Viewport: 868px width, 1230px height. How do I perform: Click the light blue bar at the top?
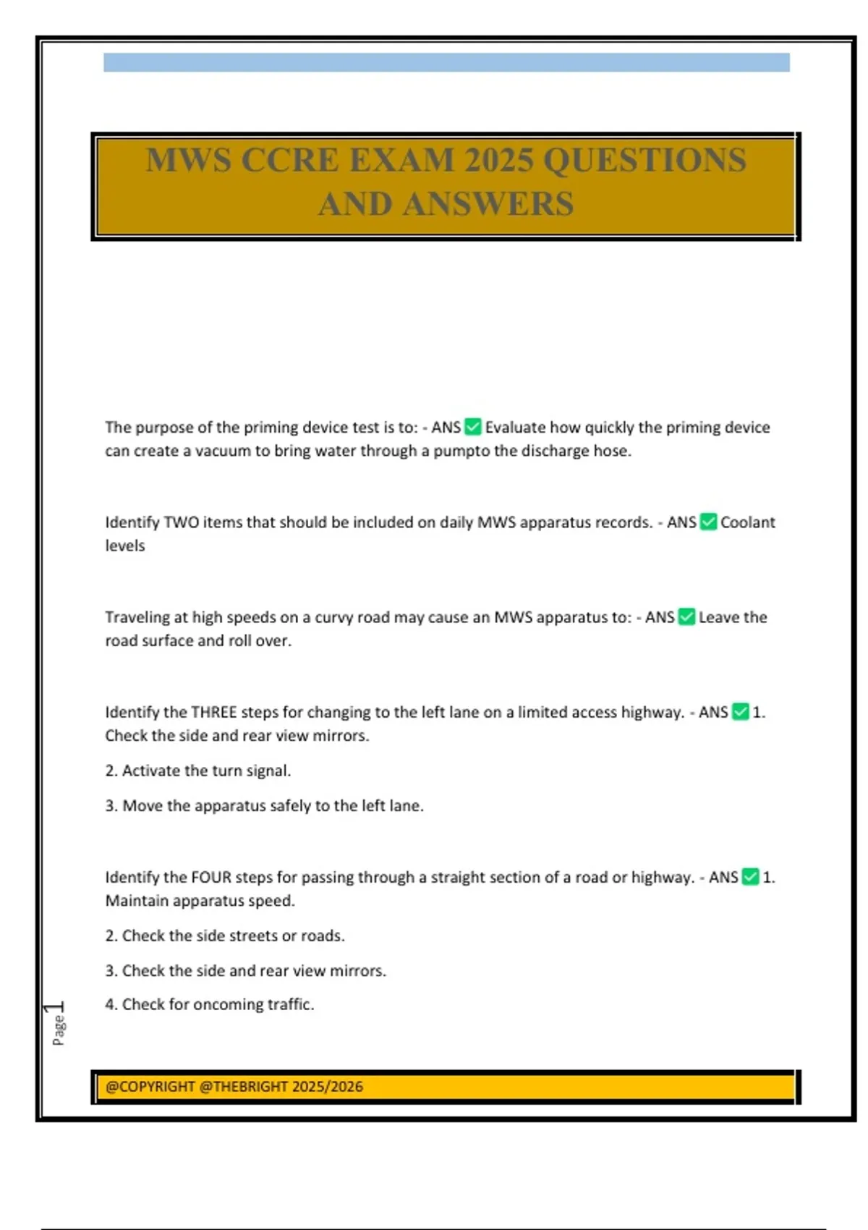[446, 63]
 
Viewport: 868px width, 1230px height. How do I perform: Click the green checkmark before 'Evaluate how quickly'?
[473, 427]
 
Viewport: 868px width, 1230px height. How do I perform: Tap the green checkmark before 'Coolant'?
[709, 522]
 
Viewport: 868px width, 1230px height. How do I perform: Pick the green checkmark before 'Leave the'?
[687, 617]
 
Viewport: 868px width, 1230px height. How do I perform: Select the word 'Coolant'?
[747, 522]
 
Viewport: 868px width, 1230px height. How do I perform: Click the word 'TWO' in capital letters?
[181, 522]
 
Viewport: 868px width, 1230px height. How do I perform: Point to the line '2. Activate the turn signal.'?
[198, 771]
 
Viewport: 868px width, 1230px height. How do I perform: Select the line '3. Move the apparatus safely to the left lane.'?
[264, 805]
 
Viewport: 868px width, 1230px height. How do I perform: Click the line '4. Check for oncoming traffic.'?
[210, 1004]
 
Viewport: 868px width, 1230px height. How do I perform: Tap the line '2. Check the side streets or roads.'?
[225, 936]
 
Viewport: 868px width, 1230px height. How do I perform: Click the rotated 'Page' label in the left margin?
[58, 1030]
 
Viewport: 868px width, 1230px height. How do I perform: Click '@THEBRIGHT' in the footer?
[243, 1087]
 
